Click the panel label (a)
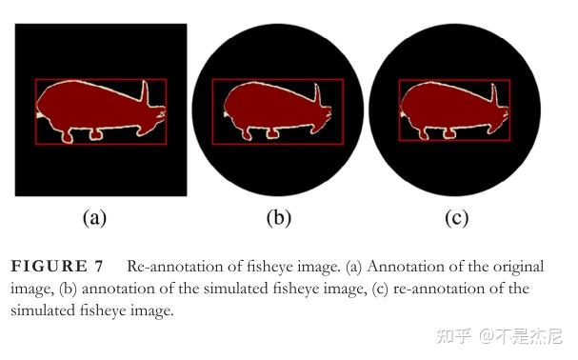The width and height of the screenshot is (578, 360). click(93, 217)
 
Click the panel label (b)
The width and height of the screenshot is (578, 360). click(278, 217)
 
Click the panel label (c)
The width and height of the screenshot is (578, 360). click(456, 217)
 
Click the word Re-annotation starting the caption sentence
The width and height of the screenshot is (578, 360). click(171, 267)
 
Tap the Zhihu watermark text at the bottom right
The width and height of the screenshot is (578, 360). click(499, 335)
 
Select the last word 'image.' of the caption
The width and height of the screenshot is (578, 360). click(152, 310)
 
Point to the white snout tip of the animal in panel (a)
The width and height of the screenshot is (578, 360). click(39, 114)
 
